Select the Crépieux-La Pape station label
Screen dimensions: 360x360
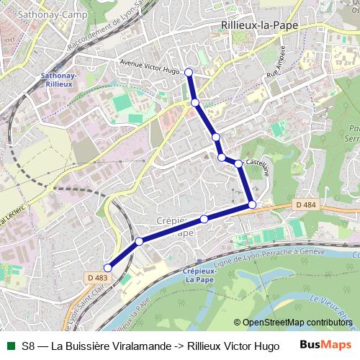point(205,275)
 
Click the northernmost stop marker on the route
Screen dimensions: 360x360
point(189,72)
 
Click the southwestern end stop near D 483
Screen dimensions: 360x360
point(108,269)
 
